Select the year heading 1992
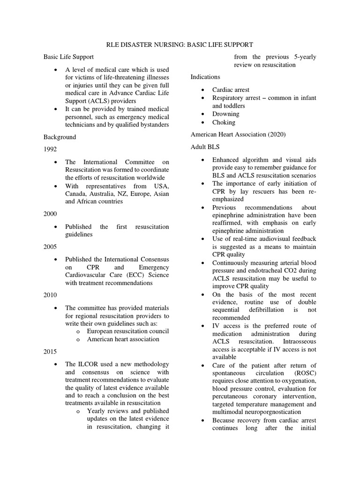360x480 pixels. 50,150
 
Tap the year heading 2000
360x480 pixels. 50,214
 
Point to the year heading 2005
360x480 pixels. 50,246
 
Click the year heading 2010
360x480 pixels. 50,295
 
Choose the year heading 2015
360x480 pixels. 50,352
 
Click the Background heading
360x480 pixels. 60,137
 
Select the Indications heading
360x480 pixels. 205,76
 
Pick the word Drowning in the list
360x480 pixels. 225,114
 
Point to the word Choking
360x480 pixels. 224,122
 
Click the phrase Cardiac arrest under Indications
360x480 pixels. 231,90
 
